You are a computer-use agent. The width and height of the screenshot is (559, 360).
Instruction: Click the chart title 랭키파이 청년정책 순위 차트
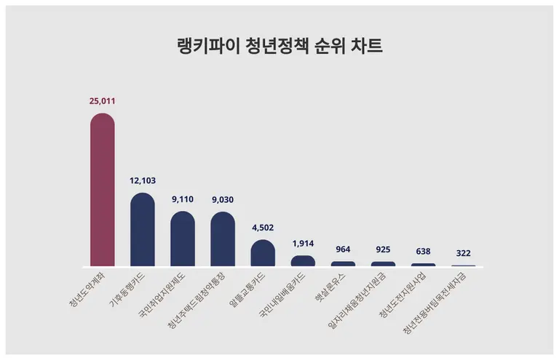tap(279, 45)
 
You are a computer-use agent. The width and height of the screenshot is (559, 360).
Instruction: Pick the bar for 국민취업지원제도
tap(183, 240)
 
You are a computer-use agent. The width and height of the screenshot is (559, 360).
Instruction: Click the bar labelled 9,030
tap(223, 240)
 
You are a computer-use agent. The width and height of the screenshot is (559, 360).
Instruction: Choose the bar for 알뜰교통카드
tap(263, 253)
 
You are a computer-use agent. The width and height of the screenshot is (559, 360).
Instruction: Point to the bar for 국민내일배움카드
tap(303, 260)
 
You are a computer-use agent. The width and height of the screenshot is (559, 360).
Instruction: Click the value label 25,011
tap(102, 100)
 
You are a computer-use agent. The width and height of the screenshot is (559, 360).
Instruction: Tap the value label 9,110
tap(183, 199)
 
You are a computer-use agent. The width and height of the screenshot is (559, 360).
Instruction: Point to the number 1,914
tap(303, 242)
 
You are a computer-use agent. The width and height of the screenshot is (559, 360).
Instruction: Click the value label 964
tap(344, 249)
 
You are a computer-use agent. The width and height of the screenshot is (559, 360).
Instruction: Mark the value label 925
tap(384, 249)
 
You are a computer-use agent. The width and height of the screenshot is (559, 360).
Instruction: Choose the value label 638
tap(424, 251)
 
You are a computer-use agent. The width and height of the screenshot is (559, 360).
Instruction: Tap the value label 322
tap(464, 253)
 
